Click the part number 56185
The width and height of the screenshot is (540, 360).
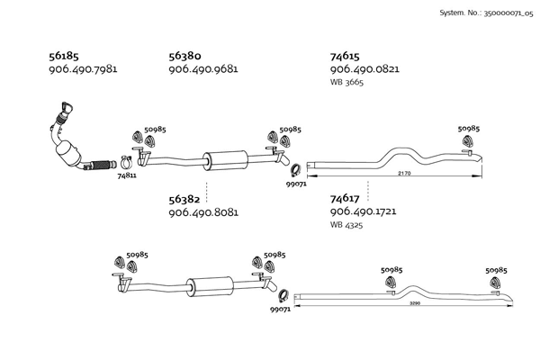pos(65,56)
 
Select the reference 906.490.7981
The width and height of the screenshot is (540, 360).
pos(83,69)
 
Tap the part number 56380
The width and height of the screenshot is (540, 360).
pos(186,56)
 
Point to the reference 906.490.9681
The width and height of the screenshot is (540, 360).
pos(203,69)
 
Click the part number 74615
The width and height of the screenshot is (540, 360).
pos(346,56)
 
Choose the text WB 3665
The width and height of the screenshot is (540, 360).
pos(346,83)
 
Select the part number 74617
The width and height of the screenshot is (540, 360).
pos(346,198)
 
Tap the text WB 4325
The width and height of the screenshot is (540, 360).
pos(346,225)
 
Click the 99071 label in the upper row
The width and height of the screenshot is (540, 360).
pos(296,184)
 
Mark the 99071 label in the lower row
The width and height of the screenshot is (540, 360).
pos(280,310)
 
